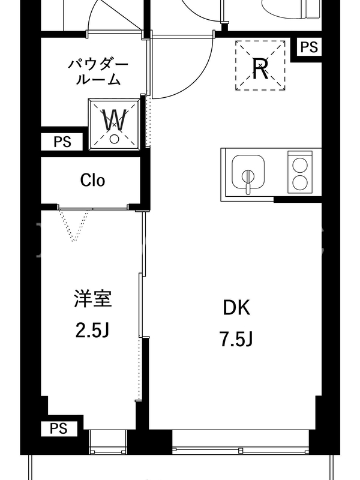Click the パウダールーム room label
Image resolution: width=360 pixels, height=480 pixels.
[x=98, y=72]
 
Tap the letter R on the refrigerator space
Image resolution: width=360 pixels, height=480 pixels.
[x=260, y=68]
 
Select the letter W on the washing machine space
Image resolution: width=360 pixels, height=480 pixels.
[x=114, y=120]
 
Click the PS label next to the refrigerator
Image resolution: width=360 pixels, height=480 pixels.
[x=309, y=47]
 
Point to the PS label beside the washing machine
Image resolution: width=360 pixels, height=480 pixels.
[x=62, y=142]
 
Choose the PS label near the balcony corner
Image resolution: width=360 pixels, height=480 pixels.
[x=58, y=428]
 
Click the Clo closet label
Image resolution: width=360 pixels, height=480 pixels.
[x=92, y=180]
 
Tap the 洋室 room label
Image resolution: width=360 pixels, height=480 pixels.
[x=93, y=298]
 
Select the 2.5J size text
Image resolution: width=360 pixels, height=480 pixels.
[x=92, y=331]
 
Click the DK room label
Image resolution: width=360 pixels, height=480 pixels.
[x=236, y=308]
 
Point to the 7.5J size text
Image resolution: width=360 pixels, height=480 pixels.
[x=236, y=339]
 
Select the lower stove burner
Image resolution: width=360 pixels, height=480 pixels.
[x=299, y=182]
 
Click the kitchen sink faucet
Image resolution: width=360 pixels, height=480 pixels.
[x=248, y=181]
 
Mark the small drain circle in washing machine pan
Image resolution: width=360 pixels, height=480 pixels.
[x=114, y=139]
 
